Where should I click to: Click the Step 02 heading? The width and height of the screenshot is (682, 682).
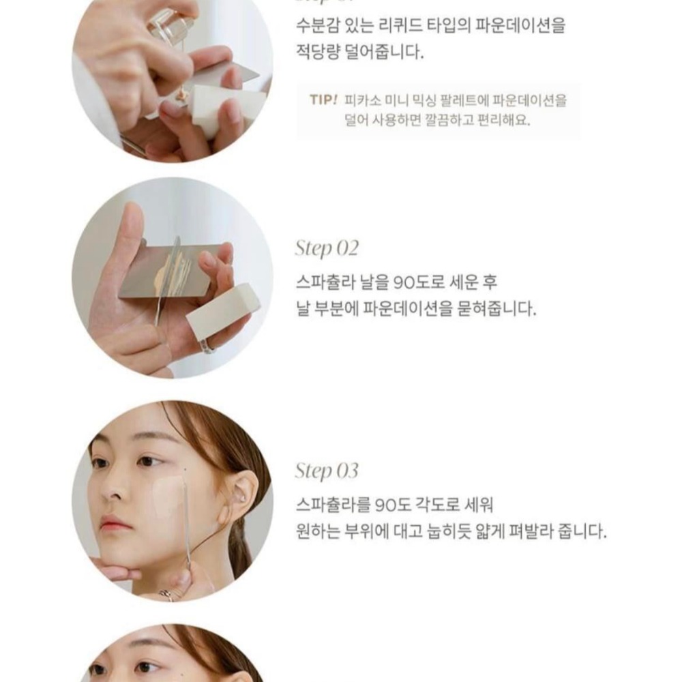327,248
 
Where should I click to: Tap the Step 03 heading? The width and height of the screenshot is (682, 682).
327,471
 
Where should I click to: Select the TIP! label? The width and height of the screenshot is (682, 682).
323,100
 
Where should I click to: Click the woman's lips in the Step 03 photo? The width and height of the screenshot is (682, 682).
114,523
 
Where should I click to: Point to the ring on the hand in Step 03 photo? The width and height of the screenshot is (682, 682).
166,594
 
